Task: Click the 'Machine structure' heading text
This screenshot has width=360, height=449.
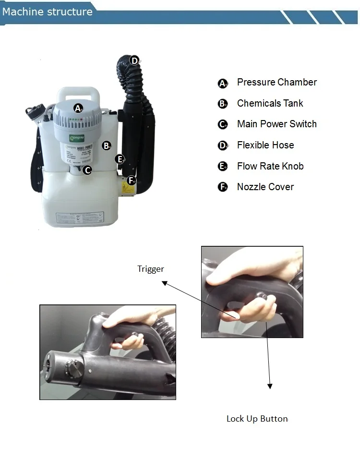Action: point(47,12)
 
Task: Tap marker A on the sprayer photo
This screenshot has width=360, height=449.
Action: point(78,108)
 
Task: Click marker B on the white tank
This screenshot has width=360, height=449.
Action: point(107,145)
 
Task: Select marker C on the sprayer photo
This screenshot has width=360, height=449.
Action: point(87,170)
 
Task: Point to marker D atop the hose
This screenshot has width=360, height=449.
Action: point(135,61)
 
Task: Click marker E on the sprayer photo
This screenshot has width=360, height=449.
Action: point(120,159)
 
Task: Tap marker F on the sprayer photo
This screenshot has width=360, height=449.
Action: point(132,181)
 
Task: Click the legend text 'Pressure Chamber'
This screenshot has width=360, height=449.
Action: point(276,82)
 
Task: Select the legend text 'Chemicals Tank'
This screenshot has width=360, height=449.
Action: point(270,103)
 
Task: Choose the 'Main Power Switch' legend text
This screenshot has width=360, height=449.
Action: point(276,124)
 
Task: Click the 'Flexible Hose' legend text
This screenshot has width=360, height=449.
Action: point(265,145)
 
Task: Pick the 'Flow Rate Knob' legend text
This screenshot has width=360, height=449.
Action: point(270,166)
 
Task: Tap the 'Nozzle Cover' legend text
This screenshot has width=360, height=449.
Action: point(265,187)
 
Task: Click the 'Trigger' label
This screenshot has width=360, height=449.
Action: point(151,269)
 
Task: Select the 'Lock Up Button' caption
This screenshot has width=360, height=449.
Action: point(257,419)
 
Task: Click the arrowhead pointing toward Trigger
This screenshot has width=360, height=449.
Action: point(164,283)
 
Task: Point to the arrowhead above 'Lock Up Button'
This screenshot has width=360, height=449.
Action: point(270,386)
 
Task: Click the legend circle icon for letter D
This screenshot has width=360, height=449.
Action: point(223,146)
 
